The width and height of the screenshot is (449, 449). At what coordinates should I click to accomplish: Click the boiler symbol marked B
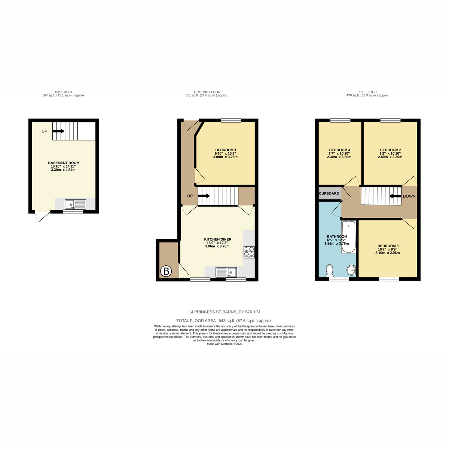coord(166,271)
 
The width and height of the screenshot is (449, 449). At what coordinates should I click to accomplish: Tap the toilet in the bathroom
coord(330,270)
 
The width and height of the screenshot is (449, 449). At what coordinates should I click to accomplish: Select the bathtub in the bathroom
coord(349,237)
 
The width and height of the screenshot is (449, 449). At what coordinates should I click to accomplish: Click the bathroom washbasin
coord(351,270)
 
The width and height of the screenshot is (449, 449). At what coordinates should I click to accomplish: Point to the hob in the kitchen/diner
coord(249,252)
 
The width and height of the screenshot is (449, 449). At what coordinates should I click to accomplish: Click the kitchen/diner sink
coord(226,272)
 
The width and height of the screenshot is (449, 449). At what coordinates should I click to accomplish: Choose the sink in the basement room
coord(75,204)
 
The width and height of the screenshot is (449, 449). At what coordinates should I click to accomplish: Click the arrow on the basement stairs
coord(58,131)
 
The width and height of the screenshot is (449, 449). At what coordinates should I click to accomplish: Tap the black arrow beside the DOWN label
coord(395,196)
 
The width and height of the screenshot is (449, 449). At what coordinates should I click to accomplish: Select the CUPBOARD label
coord(329,193)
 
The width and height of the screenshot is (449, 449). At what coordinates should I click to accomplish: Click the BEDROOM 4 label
coord(339,150)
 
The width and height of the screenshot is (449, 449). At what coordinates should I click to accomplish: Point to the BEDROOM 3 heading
coord(388,246)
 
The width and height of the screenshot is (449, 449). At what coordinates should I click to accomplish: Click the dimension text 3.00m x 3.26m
coord(225,157)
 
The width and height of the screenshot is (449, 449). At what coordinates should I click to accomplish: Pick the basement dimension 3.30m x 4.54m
coord(63,170)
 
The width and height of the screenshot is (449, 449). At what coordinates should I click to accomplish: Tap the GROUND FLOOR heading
coord(207,92)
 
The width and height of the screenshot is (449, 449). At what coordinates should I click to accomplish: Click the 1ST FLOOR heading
coord(368,92)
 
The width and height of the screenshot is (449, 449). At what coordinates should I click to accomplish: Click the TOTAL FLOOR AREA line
coord(224,321)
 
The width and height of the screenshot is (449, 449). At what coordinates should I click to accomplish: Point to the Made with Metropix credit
coord(224,344)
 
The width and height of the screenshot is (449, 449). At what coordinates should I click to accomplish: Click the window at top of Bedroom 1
coord(231,120)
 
